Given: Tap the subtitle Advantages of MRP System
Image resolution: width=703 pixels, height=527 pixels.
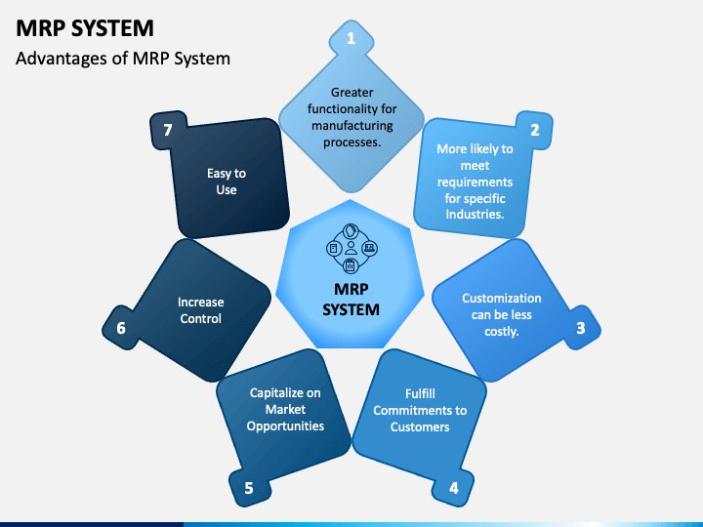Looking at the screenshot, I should coord(123,58).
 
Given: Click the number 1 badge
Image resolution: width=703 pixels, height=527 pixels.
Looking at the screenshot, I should coord(351,40).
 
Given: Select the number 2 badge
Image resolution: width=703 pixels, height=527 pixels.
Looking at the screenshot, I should coord(534,129).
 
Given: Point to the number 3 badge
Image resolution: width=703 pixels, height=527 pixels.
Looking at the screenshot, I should coord(580,328).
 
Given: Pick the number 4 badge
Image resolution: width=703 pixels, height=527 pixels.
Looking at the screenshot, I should coord(453,487).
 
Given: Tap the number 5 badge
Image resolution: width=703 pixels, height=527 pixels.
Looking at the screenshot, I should coord(249,487).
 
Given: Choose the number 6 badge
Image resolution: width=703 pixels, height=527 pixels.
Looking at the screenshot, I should coord(121,328).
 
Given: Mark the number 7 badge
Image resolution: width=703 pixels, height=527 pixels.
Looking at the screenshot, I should coord(167,129).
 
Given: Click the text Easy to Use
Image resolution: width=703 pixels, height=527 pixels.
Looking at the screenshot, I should coord(227,182).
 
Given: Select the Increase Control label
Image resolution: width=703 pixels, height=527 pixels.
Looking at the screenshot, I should coord(200,310).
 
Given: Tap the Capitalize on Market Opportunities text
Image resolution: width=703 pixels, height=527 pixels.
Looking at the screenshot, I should coord(285,410).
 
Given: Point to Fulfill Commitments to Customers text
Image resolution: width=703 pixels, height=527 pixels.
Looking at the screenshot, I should coord(420,410).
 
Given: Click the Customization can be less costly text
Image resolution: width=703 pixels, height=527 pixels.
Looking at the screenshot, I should coord(501,314).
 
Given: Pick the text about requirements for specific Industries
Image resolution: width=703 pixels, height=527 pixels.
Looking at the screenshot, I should coord(475,182).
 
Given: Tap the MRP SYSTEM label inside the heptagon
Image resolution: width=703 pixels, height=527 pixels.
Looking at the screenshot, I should coord(351,300).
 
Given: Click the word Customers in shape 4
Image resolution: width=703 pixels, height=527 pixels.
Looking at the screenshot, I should coord(420,426).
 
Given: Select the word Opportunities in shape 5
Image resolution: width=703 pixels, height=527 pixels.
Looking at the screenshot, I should coord(285,426).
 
